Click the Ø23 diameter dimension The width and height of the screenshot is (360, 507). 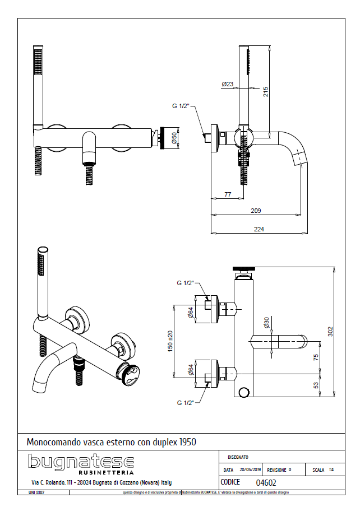(x=228, y=85)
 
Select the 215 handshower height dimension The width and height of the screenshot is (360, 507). (x=266, y=91)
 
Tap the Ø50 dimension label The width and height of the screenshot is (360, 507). (x=174, y=138)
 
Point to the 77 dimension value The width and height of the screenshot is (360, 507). (x=228, y=194)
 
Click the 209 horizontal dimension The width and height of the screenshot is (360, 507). (x=255, y=211)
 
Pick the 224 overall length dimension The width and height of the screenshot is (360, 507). (x=259, y=229)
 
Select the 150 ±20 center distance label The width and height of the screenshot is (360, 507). (x=170, y=341)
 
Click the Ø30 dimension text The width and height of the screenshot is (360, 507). (x=266, y=322)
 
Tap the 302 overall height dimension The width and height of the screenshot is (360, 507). (x=330, y=332)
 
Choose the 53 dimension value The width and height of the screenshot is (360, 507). (x=316, y=385)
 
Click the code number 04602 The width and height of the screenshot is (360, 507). (x=266, y=482)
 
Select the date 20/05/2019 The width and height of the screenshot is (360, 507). (x=250, y=470)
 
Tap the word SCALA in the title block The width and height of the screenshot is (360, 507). (x=319, y=470)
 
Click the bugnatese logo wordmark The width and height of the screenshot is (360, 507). (x=81, y=463)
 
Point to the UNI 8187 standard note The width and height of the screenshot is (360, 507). (x=36, y=492)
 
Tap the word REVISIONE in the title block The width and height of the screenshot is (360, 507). (x=277, y=470)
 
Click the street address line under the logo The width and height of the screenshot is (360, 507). (x=101, y=482)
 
